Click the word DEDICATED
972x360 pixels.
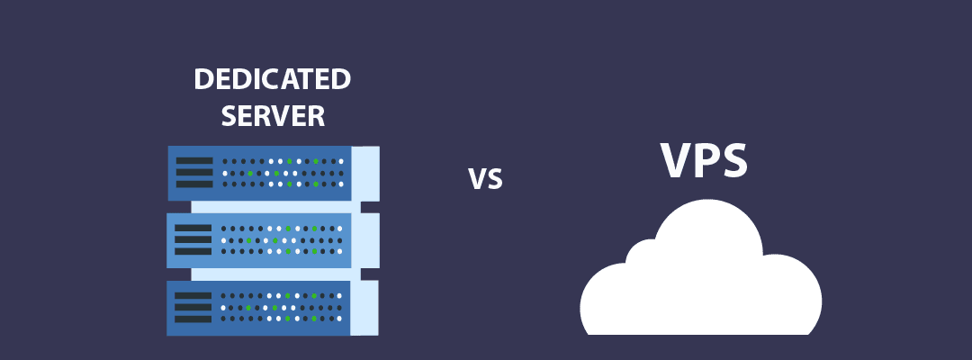[x=272, y=79]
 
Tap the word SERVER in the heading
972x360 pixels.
[x=273, y=115]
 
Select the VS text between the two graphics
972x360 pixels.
[x=485, y=179]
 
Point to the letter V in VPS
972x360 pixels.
[x=679, y=161]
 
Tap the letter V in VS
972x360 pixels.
[x=477, y=179]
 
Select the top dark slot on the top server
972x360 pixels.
[x=193, y=161]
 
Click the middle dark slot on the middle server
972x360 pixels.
[x=193, y=240]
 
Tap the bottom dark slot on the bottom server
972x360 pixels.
[x=193, y=319]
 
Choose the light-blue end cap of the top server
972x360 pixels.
[x=365, y=173]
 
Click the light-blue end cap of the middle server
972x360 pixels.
[x=365, y=240]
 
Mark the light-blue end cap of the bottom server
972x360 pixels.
[x=364, y=308]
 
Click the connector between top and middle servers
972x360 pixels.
[x=275, y=207]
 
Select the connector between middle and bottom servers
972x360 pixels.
[x=275, y=274]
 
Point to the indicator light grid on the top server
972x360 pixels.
[x=283, y=173]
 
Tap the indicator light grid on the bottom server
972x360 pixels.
[x=283, y=307]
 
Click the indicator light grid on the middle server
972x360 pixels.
[x=283, y=240]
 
